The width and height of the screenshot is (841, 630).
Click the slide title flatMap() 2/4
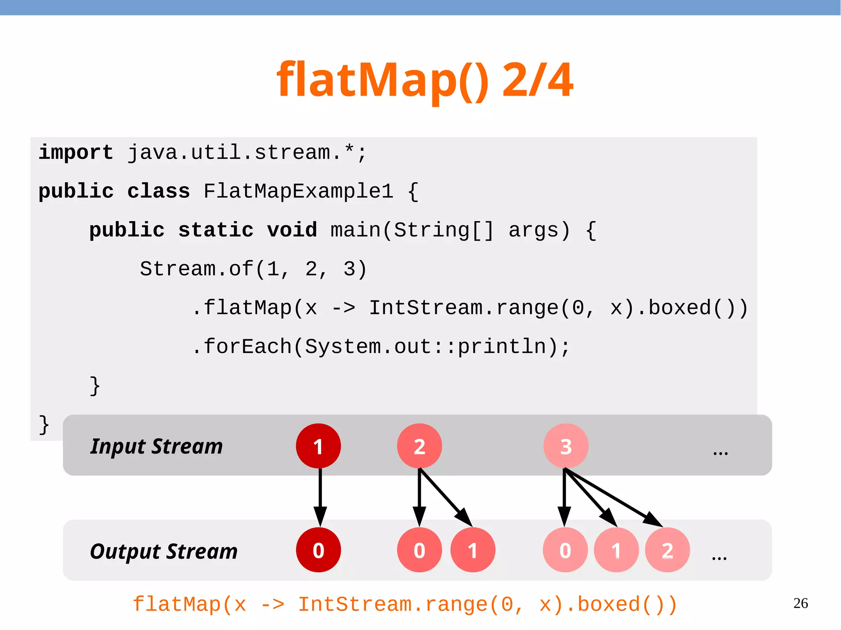[425, 80]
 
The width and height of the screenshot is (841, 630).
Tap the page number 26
[800, 603]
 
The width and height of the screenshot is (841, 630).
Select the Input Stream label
[156, 447]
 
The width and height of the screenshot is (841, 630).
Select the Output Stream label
[163, 551]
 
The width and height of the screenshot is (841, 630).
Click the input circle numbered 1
[318, 446]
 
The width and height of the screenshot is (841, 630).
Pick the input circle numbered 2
[419, 446]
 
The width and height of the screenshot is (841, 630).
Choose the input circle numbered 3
[566, 446]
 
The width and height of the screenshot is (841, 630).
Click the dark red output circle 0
[318, 550]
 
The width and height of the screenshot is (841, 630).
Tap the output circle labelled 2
[667, 550]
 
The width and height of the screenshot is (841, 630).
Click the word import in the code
[76, 153]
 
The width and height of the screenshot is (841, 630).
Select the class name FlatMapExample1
[299, 191]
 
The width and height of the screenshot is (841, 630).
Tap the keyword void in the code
[292, 230]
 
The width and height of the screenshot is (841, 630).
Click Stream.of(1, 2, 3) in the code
[253, 269]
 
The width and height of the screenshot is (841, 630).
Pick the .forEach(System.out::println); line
[381, 347]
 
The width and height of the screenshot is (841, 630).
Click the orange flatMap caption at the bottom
[405, 605]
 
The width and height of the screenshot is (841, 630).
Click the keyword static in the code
[216, 230]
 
